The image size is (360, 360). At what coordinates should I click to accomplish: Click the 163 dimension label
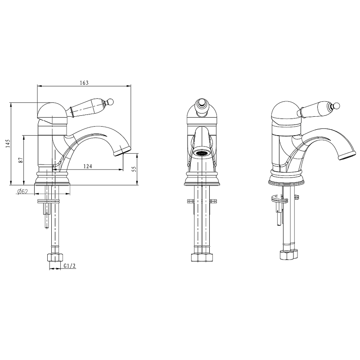tap(84, 83)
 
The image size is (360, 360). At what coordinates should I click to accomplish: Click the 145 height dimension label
tap(8, 143)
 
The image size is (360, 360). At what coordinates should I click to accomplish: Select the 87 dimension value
tap(21, 160)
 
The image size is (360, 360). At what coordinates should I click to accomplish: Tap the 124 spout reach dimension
tap(87, 166)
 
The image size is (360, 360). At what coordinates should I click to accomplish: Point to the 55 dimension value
tap(134, 169)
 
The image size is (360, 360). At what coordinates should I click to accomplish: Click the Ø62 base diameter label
tap(22, 191)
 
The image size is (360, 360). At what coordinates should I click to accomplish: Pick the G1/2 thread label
tap(70, 266)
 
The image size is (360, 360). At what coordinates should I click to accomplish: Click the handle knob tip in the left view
tap(111, 101)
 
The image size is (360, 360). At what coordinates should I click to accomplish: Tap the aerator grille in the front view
tap(201, 153)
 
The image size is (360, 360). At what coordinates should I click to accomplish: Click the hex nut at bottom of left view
tap(55, 257)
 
